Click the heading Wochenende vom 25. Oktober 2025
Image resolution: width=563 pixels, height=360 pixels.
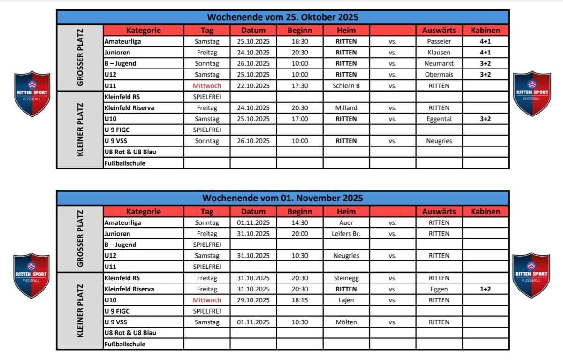282,17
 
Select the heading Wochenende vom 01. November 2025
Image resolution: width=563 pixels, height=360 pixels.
282,198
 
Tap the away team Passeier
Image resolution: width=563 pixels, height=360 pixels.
439,41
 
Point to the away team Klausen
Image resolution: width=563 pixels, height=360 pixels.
439,53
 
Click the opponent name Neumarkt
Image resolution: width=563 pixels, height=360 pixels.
439,63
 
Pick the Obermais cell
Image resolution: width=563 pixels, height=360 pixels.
439,75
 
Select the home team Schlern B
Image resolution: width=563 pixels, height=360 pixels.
346,86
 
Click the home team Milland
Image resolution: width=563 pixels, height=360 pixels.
346,108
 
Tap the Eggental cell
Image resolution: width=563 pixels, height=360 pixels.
439,119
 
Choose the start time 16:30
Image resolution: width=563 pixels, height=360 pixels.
299,41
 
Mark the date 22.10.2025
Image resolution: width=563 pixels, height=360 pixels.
253,86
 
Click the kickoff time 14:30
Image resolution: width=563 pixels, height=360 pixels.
299,222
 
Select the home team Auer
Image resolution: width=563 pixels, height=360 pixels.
346,222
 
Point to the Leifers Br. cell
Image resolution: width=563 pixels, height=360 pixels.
346,234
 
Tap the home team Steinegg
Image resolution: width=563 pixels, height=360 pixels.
346,278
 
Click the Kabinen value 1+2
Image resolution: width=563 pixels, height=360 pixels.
485,289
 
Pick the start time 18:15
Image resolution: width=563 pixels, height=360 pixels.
299,300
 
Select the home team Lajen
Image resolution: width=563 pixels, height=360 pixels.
346,300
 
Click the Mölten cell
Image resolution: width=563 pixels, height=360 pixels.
346,322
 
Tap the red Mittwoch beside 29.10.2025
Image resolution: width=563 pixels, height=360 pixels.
207,300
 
